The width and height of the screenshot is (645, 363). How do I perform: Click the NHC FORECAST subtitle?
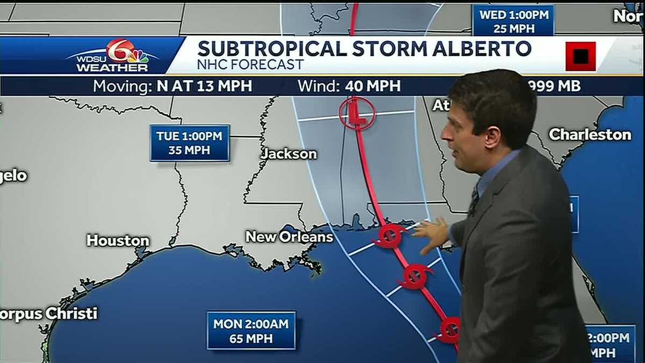(250, 65)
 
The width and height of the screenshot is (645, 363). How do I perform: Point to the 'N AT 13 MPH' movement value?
(204, 86)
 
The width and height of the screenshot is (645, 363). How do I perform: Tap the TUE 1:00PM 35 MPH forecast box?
(190, 143)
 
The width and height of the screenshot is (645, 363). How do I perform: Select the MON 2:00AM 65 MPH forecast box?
(251, 331)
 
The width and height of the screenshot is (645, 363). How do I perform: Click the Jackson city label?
(289, 154)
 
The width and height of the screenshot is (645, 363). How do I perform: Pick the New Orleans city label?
(289, 237)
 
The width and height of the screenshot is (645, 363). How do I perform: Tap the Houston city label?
(118, 240)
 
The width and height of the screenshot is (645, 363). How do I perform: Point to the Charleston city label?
(590, 134)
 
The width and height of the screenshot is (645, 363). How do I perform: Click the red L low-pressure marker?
(356, 114)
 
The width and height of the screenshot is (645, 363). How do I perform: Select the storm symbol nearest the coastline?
(390, 235)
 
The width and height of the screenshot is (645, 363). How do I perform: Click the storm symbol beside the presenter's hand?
(414, 276)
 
